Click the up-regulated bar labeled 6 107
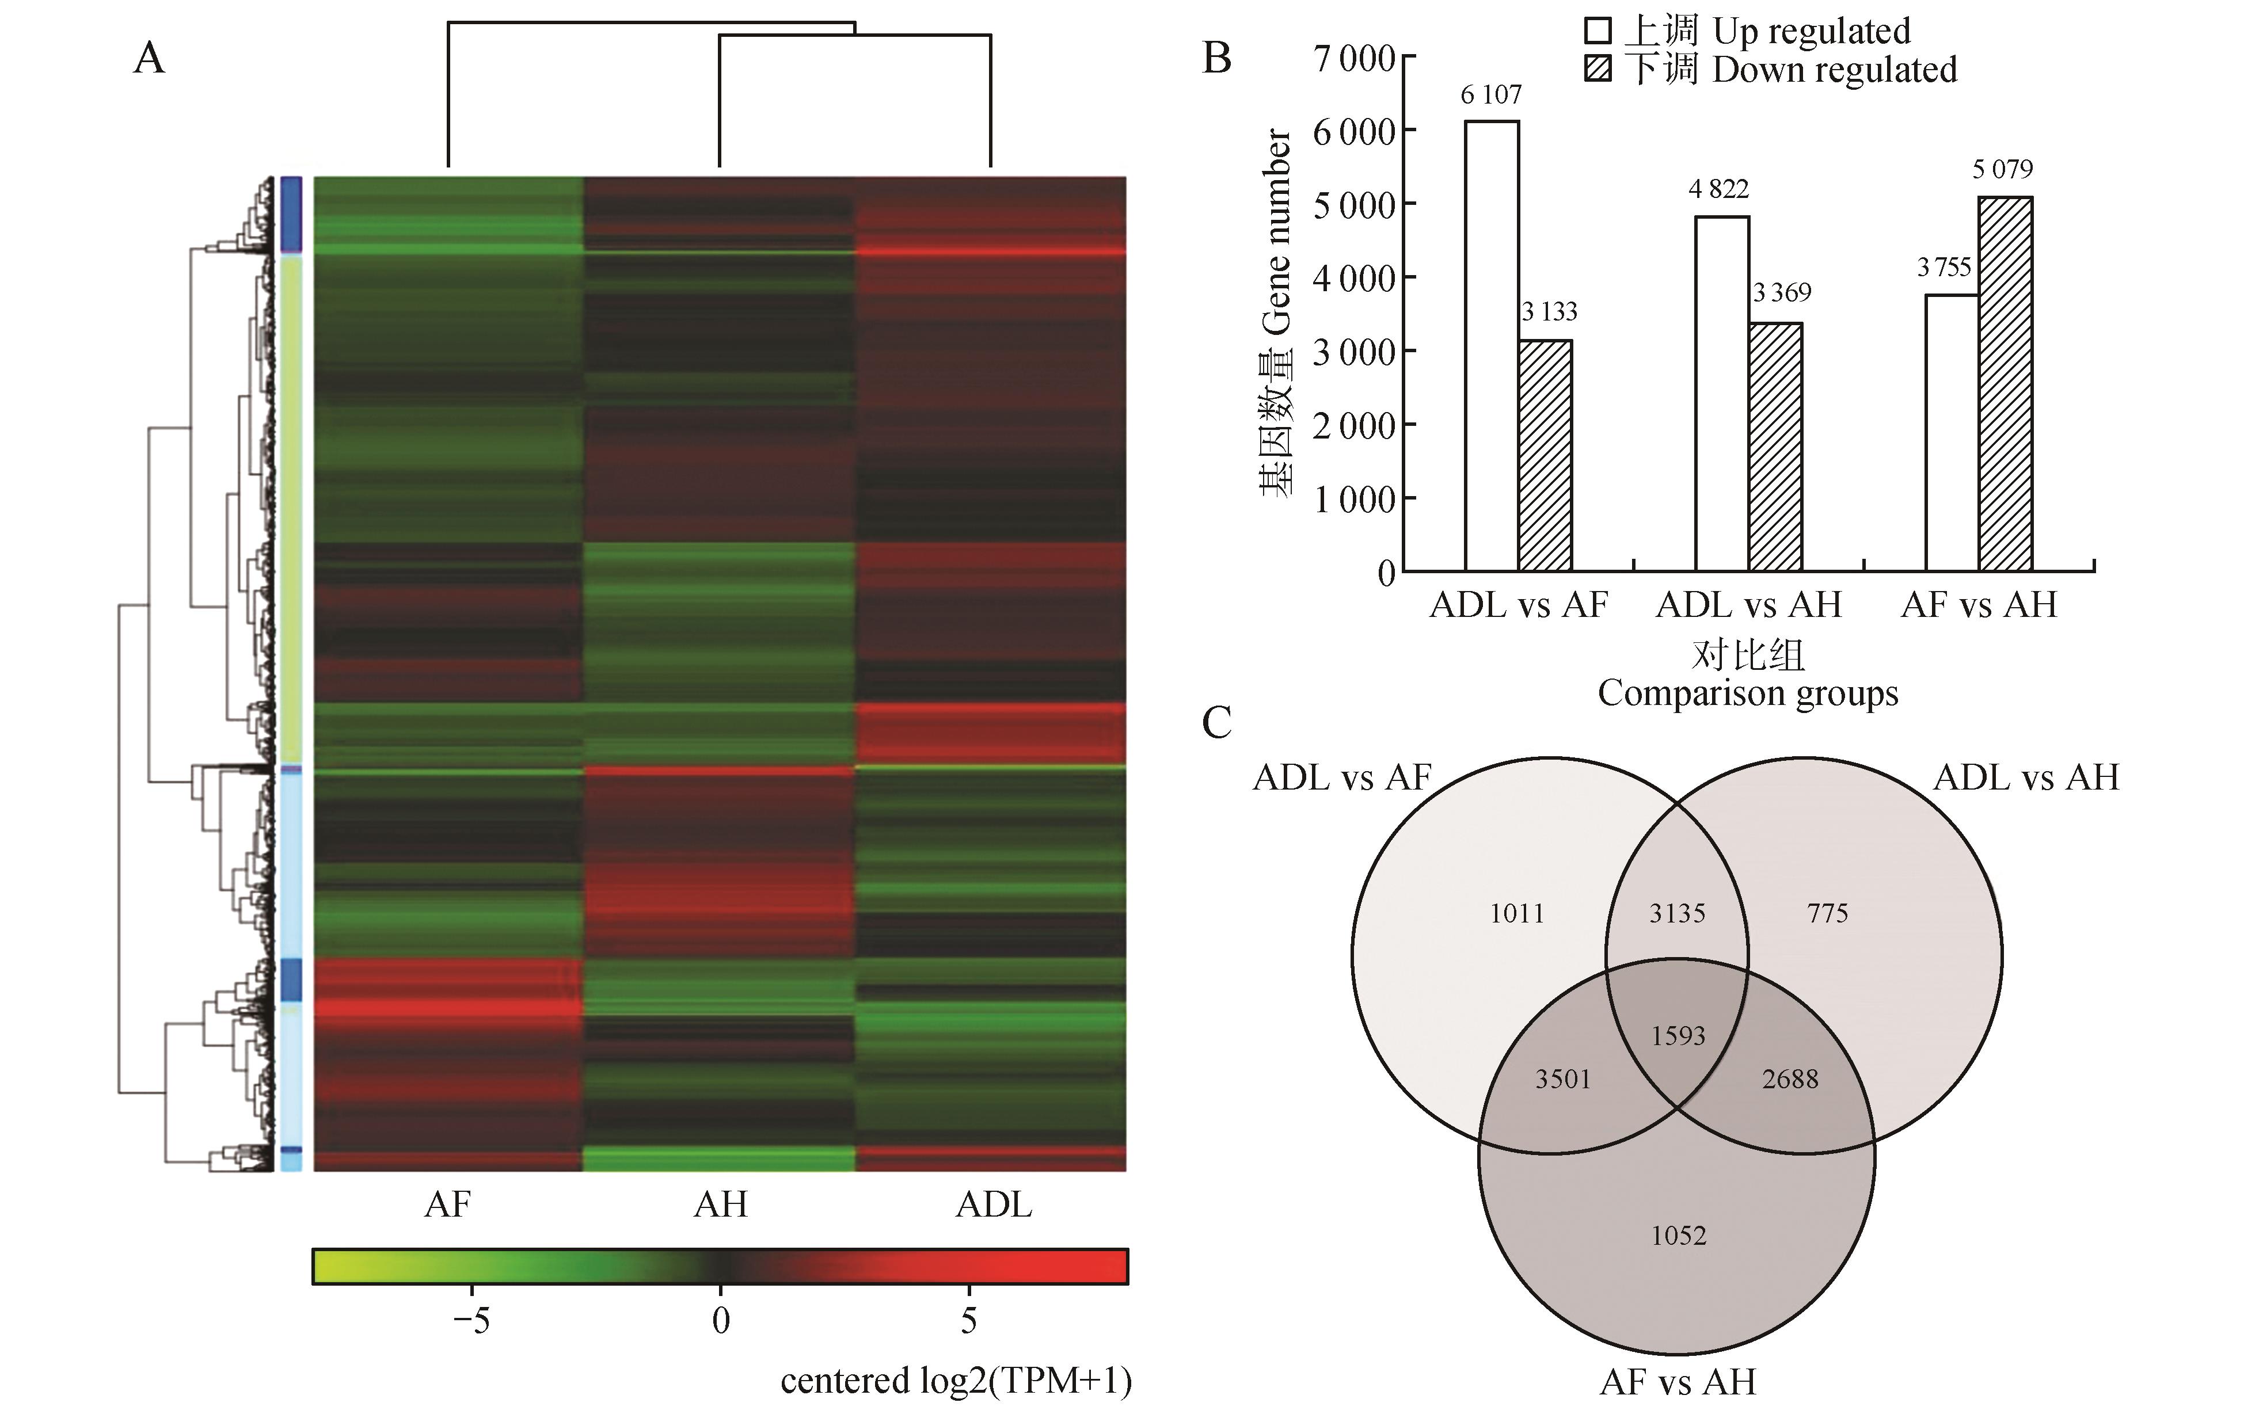[1492, 345]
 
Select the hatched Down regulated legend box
[1598, 70]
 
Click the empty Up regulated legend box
[1598, 32]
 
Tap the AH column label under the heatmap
[720, 1205]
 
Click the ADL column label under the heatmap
[994, 1205]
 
